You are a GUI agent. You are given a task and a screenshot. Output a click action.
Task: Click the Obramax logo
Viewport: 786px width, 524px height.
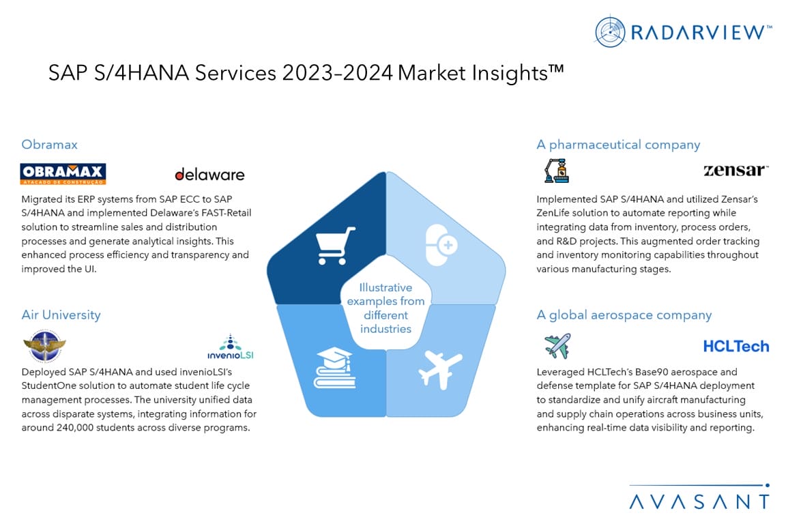(63, 173)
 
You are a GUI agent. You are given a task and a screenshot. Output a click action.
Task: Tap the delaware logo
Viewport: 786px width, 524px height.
(209, 174)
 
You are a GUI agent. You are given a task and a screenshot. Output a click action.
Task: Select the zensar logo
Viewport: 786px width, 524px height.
(736, 170)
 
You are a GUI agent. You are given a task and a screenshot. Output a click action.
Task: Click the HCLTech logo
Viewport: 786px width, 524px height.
(736, 346)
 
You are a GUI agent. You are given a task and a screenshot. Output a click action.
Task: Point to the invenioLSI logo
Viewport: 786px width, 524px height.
(231, 347)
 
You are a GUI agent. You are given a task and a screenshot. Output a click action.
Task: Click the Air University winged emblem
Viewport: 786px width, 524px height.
(44, 345)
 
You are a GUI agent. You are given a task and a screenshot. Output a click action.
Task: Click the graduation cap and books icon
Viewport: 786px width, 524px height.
(335, 368)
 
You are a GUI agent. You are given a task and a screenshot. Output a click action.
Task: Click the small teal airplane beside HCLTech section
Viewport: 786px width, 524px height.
(557, 345)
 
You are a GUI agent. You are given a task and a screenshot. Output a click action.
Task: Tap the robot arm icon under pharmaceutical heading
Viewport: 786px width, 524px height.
(557, 171)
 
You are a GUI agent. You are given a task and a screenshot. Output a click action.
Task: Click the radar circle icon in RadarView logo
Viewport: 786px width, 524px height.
(610, 31)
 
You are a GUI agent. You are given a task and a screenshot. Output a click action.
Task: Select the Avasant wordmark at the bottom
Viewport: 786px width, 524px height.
(699, 501)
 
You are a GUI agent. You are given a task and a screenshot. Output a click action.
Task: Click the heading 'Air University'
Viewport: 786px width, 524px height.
(61, 315)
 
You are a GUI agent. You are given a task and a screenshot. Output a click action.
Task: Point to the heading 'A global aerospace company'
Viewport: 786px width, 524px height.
(624, 315)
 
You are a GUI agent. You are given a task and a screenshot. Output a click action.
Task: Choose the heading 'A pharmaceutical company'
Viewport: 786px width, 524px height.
(618, 145)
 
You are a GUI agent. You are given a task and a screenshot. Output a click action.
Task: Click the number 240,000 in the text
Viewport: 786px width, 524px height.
(75, 428)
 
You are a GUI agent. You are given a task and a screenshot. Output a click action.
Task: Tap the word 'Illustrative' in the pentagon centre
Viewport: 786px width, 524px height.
(385, 287)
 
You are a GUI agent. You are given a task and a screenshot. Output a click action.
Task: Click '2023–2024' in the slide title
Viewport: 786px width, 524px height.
(337, 73)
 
